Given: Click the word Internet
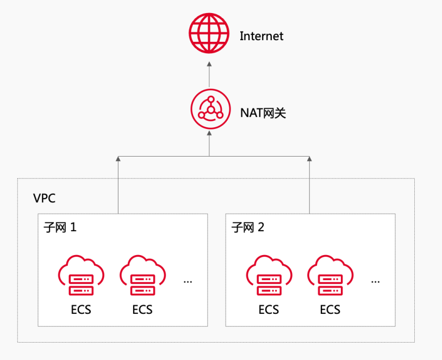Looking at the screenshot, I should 262,36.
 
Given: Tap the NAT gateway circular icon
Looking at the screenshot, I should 209,108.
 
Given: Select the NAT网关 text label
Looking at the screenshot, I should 263,113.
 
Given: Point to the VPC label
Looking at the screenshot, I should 44,198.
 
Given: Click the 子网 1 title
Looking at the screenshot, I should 60,227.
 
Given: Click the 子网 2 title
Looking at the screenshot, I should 248,227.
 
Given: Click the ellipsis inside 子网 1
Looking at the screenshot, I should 188,282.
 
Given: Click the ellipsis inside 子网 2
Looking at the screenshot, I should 375,282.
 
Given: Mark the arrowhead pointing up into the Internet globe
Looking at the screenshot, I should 209,64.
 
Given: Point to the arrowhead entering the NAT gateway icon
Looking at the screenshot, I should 209,134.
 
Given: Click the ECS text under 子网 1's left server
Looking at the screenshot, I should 81,310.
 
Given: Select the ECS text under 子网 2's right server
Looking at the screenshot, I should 329,310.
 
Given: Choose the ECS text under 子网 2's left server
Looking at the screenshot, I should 269,310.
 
